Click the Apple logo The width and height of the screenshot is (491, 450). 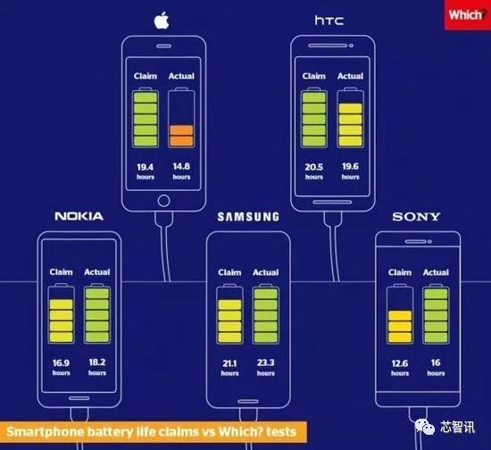(162, 21)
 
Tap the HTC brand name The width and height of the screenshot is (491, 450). (329, 21)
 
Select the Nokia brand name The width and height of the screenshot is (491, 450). (79, 216)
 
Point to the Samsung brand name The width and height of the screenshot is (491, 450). (248, 217)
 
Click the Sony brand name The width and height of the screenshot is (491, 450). (416, 216)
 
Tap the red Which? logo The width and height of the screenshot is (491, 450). (468, 14)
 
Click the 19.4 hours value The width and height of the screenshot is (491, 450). (146, 171)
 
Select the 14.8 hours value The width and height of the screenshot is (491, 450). (181, 171)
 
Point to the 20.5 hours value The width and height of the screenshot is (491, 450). (313, 171)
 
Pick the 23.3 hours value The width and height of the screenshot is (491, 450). (265, 367)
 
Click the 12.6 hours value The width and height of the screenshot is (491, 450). (400, 367)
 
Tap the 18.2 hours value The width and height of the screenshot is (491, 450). (97, 367)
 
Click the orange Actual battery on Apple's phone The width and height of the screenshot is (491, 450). (181, 118)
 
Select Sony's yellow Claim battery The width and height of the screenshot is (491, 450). (400, 313)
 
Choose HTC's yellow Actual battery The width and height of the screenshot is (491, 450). (350, 118)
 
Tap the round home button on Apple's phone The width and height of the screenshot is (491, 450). (163, 201)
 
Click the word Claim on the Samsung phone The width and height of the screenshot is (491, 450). (229, 272)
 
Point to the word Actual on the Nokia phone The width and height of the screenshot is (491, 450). (97, 271)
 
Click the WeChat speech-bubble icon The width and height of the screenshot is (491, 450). (424, 427)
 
